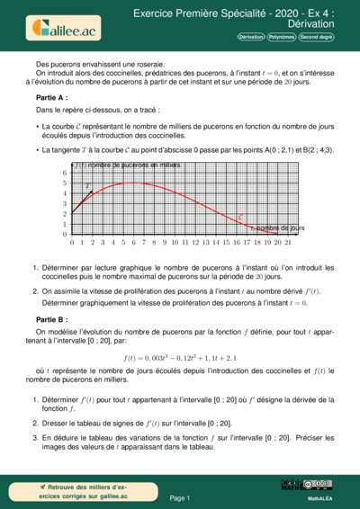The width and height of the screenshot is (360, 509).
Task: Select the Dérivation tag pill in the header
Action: click(x=251, y=37)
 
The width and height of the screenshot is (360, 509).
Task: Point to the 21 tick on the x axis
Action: click(x=289, y=243)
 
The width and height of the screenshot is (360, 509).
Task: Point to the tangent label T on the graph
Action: click(x=88, y=186)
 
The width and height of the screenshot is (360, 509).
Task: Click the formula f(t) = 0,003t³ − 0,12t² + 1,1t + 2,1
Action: click(x=180, y=358)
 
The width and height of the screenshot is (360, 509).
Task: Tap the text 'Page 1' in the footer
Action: click(x=179, y=497)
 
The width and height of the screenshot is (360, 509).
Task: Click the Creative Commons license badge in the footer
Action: click(x=319, y=484)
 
